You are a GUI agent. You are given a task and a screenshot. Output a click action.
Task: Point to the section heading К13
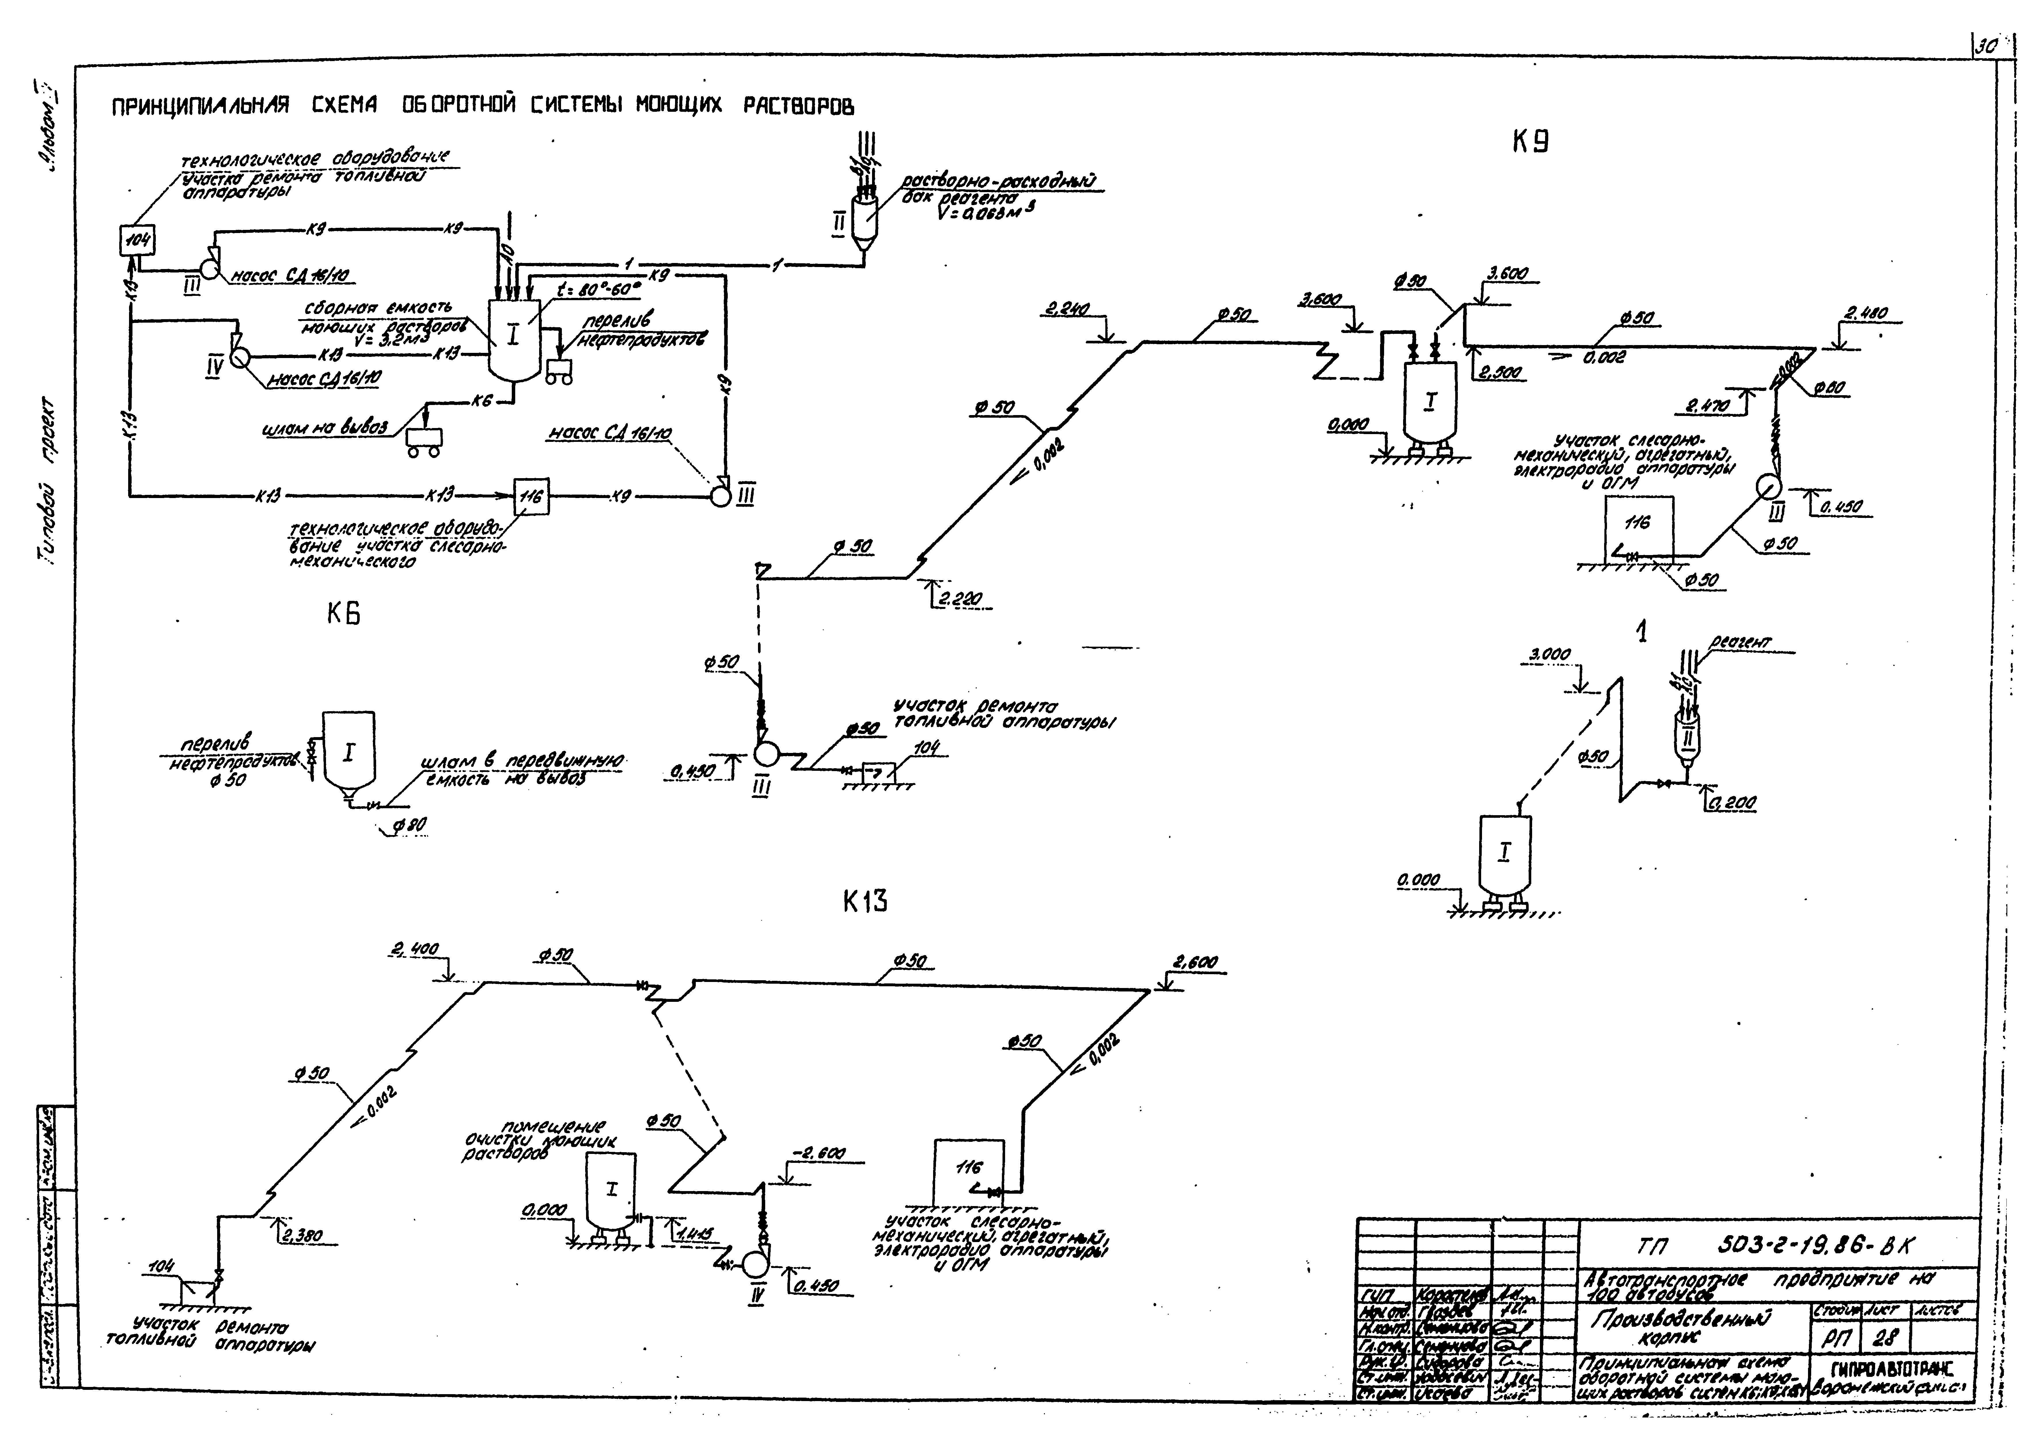865,902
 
